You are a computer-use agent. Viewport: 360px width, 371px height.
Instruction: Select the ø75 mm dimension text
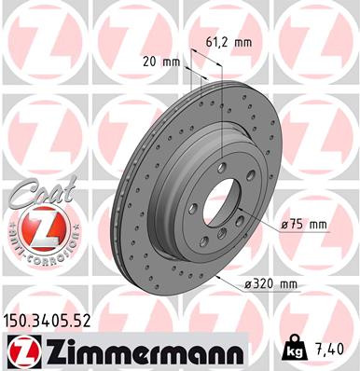[303, 224]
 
